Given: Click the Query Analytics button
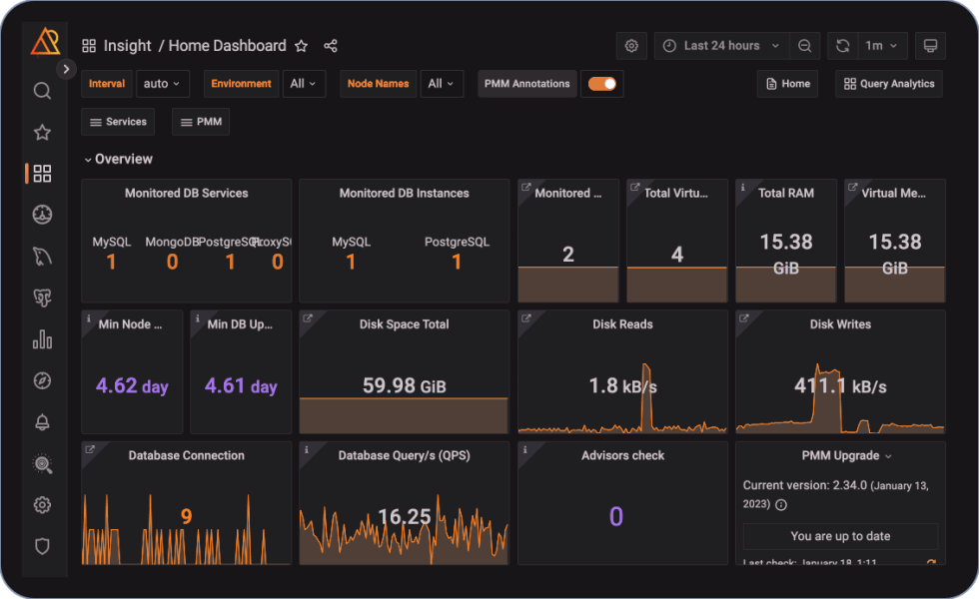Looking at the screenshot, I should pyautogui.click(x=888, y=84).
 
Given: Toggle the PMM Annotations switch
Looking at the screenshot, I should pyautogui.click(x=601, y=84).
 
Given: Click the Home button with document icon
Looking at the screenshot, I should pyautogui.click(x=787, y=84).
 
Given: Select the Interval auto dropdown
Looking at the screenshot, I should pyautogui.click(x=162, y=84).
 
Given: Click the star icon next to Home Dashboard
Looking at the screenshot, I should pyautogui.click(x=302, y=46).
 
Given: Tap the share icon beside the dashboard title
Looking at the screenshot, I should pyautogui.click(x=331, y=46).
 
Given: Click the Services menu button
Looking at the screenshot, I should pyautogui.click(x=118, y=122).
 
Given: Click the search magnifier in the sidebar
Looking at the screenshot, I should pyautogui.click(x=42, y=91).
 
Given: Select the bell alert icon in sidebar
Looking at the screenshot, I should pyautogui.click(x=42, y=422).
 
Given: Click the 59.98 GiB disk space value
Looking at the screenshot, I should pyautogui.click(x=404, y=386).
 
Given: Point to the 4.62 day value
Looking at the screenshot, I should pyautogui.click(x=132, y=386).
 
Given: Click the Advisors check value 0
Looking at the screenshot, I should pyautogui.click(x=615, y=516).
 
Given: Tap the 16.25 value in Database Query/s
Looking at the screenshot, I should pyautogui.click(x=405, y=516).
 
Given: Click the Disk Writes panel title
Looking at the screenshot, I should pyautogui.click(x=840, y=324).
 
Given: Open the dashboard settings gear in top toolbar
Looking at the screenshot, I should pyautogui.click(x=631, y=46).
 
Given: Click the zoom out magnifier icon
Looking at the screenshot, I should pyautogui.click(x=804, y=46).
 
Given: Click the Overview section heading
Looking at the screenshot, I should pyautogui.click(x=123, y=159).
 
